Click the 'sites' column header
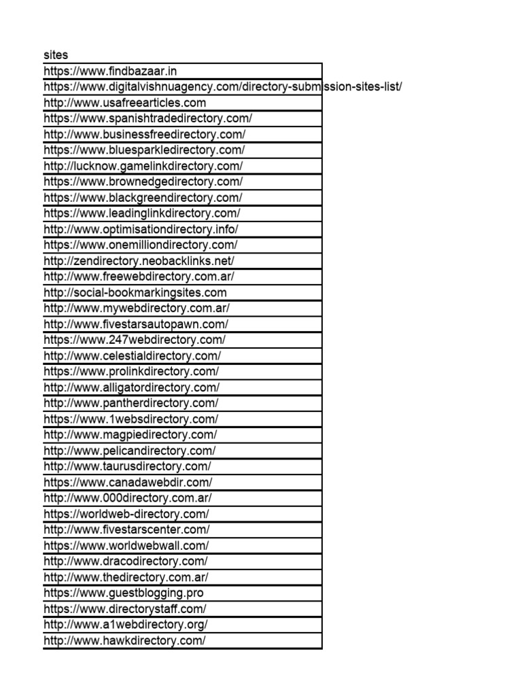56,54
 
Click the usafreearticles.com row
124,103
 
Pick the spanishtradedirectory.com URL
147,118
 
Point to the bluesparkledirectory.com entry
144,150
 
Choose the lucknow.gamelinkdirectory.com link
143,166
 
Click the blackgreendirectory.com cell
143,198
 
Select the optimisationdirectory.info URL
141,229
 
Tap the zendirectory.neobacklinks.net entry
139,261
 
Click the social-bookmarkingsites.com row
135,293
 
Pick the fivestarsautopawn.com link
136,324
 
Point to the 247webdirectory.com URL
135,340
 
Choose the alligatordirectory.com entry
131,387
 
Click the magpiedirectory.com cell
130,435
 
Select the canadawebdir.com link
128,483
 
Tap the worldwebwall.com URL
126,546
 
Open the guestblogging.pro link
123,593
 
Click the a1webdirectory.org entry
126,625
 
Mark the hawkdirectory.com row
124,641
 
